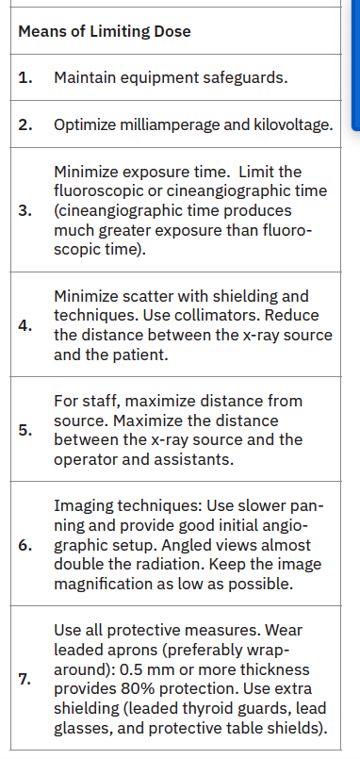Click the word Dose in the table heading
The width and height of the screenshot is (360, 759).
[x=174, y=31]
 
